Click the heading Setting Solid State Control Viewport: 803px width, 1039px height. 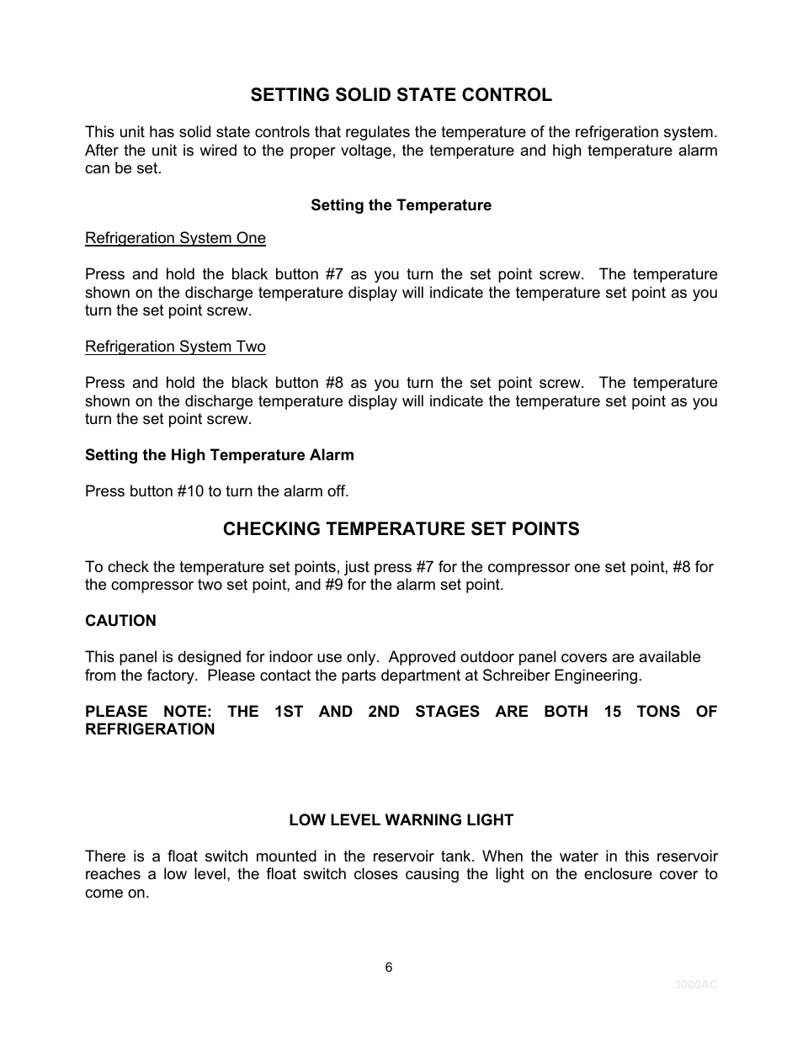(x=401, y=95)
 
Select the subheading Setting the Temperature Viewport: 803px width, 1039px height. (x=401, y=205)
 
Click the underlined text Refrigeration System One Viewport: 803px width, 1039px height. (x=175, y=238)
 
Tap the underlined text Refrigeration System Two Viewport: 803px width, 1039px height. (x=175, y=347)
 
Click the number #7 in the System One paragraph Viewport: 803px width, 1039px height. (x=334, y=274)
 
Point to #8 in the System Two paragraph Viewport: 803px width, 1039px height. (x=334, y=383)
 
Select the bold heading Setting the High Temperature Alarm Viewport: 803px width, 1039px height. (x=219, y=455)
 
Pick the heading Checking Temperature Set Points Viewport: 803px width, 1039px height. (x=401, y=529)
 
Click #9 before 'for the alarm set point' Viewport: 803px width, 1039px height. (x=334, y=585)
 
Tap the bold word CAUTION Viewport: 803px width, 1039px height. (x=120, y=621)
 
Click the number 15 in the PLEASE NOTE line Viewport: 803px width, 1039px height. (x=613, y=712)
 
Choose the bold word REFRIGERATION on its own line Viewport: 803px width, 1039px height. (x=150, y=729)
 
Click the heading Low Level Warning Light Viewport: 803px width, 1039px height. (x=401, y=820)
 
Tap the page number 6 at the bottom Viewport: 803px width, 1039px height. (x=389, y=967)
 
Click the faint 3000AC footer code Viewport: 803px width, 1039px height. (x=695, y=985)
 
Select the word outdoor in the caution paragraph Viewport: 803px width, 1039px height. (x=503, y=657)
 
